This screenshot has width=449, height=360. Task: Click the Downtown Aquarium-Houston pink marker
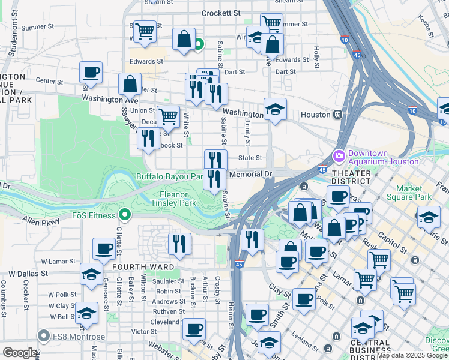coord(339,156)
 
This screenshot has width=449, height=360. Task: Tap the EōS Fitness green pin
coord(125,214)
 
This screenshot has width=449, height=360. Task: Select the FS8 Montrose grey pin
coord(43,335)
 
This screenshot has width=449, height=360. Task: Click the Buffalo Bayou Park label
coord(170,176)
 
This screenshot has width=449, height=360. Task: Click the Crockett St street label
coord(221,13)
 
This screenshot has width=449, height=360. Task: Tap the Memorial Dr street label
coord(252,174)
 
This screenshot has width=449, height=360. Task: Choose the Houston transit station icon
coord(339,114)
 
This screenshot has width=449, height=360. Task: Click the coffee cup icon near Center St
coord(91,73)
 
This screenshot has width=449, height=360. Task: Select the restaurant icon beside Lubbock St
coord(148,139)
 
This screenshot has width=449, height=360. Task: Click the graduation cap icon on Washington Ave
coord(275,110)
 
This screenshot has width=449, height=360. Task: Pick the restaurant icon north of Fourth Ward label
coord(179,244)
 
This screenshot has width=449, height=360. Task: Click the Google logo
coord(20,352)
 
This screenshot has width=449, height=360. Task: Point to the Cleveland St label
coord(167,322)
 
